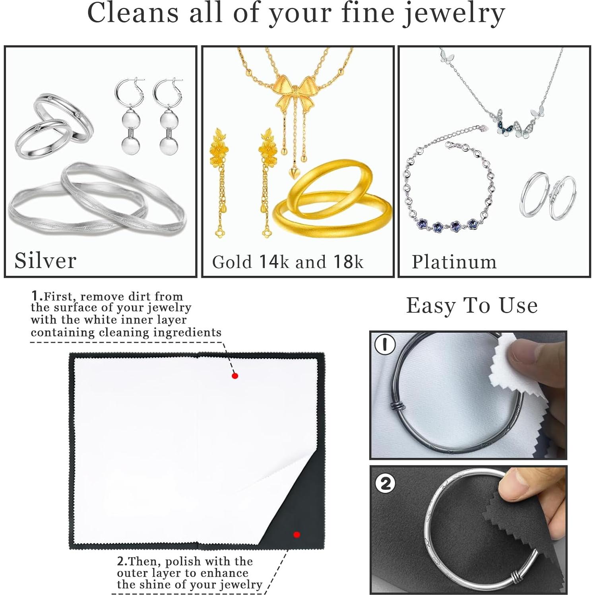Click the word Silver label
coord(45,261)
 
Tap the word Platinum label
coord(454,262)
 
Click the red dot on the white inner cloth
coord(235,376)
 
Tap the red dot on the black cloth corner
coord(297,535)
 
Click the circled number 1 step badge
coord(385,344)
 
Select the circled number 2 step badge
coord(385,483)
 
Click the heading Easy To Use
coord(472,306)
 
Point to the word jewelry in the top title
coord(454,14)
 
